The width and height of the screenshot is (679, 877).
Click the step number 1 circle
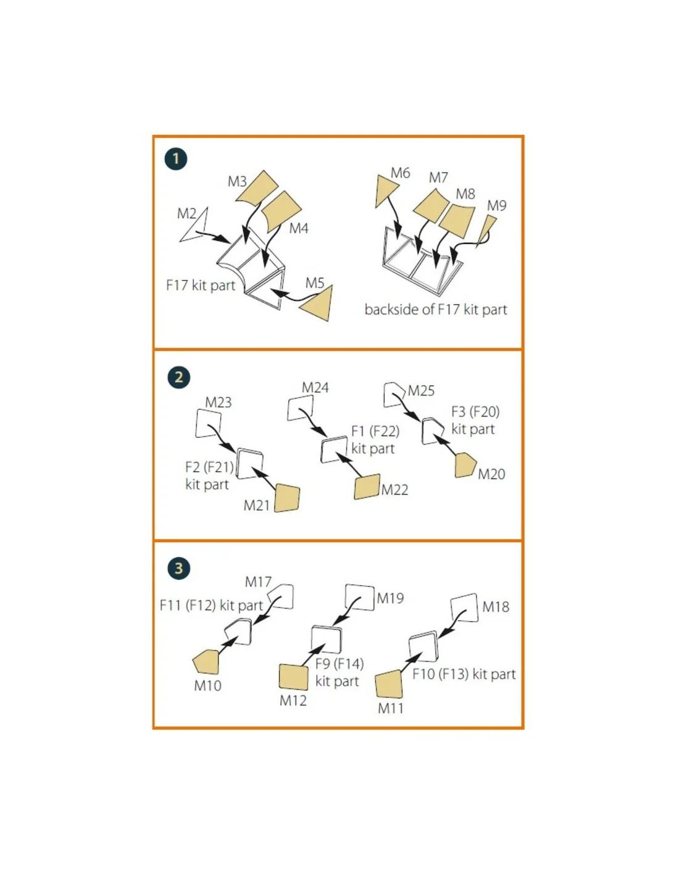click(176, 159)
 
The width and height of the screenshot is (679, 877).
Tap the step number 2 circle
click(178, 377)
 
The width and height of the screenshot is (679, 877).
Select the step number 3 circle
click(178, 568)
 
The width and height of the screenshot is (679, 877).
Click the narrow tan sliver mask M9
click(487, 230)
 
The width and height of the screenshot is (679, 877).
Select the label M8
click(465, 194)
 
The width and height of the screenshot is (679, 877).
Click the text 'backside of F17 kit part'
click(435, 310)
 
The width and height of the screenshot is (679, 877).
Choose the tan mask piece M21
click(287, 498)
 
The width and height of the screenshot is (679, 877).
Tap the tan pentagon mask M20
click(465, 466)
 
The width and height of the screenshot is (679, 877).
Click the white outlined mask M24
click(300, 408)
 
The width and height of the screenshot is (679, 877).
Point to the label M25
click(421, 391)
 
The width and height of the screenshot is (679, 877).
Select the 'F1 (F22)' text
click(375, 431)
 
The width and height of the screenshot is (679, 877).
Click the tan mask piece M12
click(294, 677)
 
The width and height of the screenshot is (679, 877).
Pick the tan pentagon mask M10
click(206, 662)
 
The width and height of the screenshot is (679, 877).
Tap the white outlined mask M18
click(465, 607)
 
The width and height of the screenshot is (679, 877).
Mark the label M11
click(391, 708)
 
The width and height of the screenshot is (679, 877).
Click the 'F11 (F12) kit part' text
click(211, 606)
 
